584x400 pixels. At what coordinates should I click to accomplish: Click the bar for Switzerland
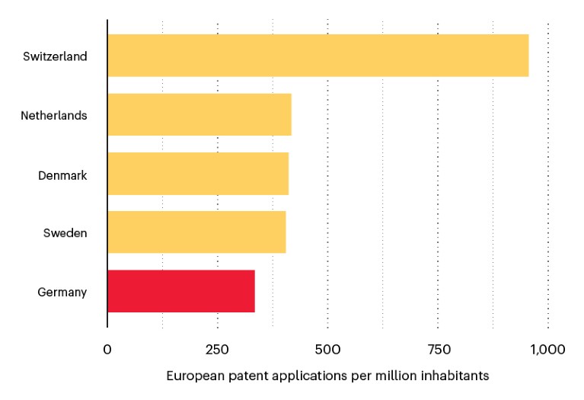pos(318,56)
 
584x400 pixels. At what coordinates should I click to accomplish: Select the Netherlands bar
pos(199,115)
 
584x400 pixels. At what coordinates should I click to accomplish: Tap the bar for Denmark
pos(198,174)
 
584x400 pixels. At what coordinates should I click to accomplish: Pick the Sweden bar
pos(196,232)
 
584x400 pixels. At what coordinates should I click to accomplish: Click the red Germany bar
pos(181,291)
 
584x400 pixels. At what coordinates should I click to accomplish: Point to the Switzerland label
pos(55,56)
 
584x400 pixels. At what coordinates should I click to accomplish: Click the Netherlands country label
pos(53,116)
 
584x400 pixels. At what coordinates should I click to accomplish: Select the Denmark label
pos(62,175)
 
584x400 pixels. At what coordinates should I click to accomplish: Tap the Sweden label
pos(65,233)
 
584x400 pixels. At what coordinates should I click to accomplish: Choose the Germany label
pos(62,292)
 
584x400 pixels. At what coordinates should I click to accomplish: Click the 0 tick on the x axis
pos(107,350)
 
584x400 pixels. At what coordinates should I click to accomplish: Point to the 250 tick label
pos(217,350)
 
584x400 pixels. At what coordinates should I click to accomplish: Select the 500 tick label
pos(327,350)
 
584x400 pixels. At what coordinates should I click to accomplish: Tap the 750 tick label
pos(438,350)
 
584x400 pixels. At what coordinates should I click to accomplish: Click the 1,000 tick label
pos(547,350)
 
